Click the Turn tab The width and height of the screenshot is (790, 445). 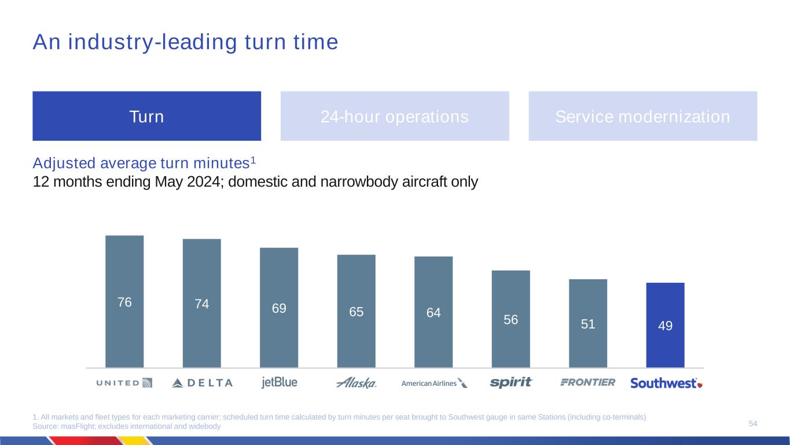pyautogui.click(x=146, y=116)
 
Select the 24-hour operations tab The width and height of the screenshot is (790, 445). pyautogui.click(x=395, y=116)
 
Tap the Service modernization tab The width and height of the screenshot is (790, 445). pyautogui.click(x=642, y=116)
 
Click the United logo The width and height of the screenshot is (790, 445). pyautogui.click(x=124, y=383)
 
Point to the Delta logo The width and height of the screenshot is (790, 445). pyautogui.click(x=202, y=383)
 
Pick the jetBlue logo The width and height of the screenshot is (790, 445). pyautogui.click(x=279, y=382)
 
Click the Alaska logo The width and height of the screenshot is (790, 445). pyautogui.click(x=357, y=383)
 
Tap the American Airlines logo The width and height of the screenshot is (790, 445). pyautogui.click(x=434, y=383)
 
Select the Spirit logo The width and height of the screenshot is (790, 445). pyautogui.click(x=511, y=382)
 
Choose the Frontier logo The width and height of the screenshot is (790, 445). pyautogui.click(x=588, y=382)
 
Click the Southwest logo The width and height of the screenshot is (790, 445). pyautogui.click(x=666, y=383)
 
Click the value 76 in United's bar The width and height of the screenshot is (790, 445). pyautogui.click(x=124, y=302)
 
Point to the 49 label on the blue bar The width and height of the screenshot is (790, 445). pyautogui.click(x=665, y=326)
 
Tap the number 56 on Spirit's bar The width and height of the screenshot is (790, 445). pyautogui.click(x=510, y=319)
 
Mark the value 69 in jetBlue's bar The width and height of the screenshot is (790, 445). pyautogui.click(x=279, y=308)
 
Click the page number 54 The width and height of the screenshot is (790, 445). pyautogui.click(x=753, y=424)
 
